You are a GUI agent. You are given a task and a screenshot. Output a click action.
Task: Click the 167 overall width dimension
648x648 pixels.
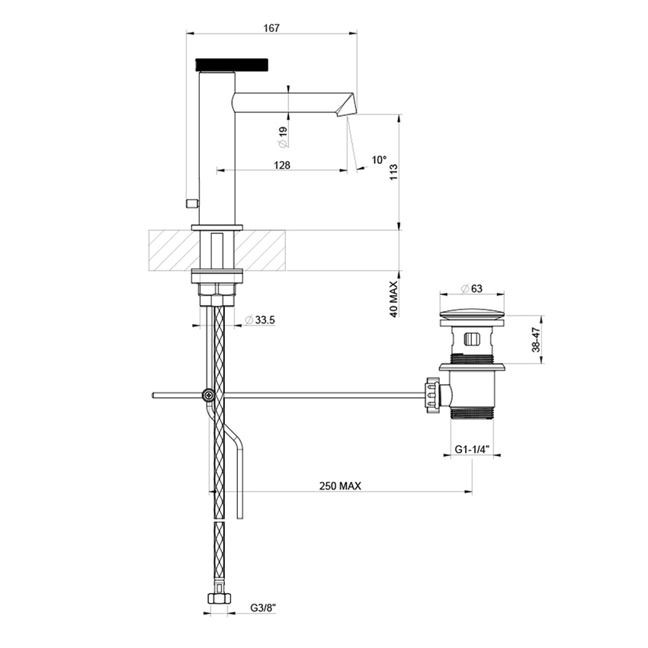pyautogui.click(x=271, y=27)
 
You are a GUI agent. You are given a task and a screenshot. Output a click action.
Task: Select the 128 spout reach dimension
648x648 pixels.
pyautogui.click(x=281, y=165)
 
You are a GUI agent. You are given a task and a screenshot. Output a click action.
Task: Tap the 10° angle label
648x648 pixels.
pyautogui.click(x=379, y=160)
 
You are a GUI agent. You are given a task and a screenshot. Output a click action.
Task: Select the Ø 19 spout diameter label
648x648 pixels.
pyautogui.click(x=282, y=135)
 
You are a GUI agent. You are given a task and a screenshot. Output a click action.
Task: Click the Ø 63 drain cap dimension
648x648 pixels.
pyautogui.click(x=473, y=288)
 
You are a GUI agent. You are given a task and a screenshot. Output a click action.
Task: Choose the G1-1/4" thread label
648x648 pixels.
pyautogui.click(x=473, y=451)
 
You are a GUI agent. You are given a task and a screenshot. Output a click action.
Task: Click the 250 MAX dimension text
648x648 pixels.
pyautogui.click(x=340, y=486)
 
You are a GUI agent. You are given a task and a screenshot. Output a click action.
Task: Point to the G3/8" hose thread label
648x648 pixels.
pyautogui.click(x=262, y=609)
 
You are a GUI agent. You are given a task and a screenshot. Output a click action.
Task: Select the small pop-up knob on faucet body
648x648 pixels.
pyautogui.click(x=192, y=203)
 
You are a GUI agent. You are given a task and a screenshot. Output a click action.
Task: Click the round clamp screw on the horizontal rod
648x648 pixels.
pyautogui.click(x=208, y=395)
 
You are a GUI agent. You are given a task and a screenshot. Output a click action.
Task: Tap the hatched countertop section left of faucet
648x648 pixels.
pyautogui.click(x=171, y=249)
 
